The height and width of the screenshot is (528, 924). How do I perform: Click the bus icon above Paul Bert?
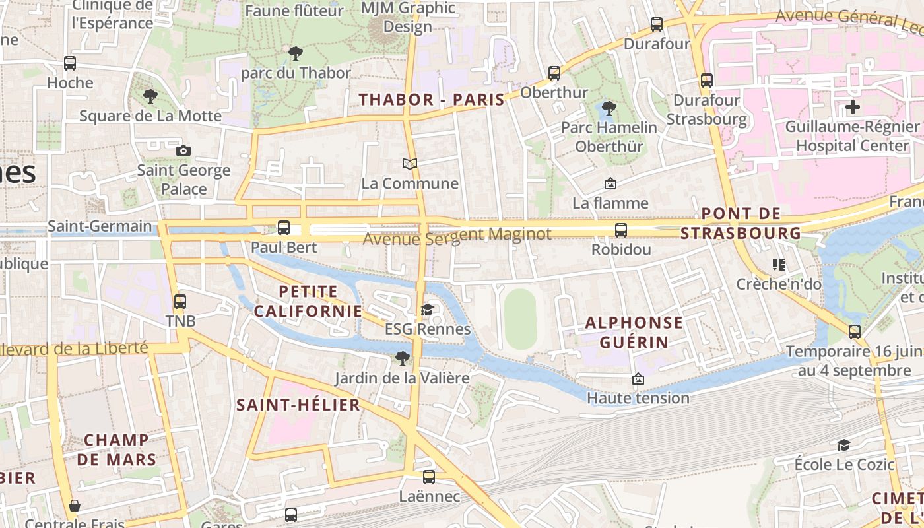tap(284, 228)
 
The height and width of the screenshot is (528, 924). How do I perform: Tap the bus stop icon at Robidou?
tap(621, 230)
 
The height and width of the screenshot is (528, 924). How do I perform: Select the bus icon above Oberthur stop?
tap(554, 73)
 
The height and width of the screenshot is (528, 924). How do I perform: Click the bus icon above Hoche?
tap(70, 63)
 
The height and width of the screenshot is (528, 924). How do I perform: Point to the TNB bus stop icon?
tap(180, 302)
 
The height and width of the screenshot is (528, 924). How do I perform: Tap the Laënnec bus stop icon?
tap(429, 477)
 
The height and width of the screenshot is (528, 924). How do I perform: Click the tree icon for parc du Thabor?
tap(296, 53)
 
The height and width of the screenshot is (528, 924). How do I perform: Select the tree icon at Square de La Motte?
tap(150, 96)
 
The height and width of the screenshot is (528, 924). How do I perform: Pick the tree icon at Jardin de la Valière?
tap(402, 358)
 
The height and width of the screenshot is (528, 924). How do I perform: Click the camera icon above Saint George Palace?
tap(183, 150)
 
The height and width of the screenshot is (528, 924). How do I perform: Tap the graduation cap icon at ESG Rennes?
tap(428, 310)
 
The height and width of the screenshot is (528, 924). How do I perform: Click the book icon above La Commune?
tap(410, 164)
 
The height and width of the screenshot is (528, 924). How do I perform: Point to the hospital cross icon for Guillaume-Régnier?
tap(853, 106)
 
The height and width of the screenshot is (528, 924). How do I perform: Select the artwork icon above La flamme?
tap(610, 183)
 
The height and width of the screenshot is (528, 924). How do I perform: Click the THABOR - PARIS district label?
tap(432, 100)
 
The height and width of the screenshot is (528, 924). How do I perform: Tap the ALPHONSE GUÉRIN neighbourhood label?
tap(634, 332)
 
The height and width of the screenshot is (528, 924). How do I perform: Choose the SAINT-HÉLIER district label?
tap(298, 405)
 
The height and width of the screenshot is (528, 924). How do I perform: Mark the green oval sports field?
tap(521, 319)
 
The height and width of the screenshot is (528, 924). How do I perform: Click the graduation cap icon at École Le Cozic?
tap(844, 444)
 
